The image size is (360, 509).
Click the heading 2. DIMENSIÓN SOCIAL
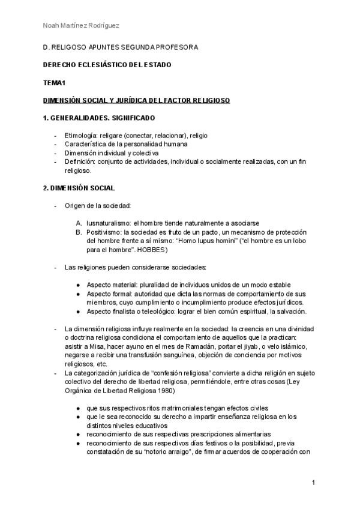coord(83,188)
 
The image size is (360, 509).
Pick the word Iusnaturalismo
coord(108,223)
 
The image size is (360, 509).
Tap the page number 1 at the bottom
coord(313,483)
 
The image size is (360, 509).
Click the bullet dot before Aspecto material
coord(79,285)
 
